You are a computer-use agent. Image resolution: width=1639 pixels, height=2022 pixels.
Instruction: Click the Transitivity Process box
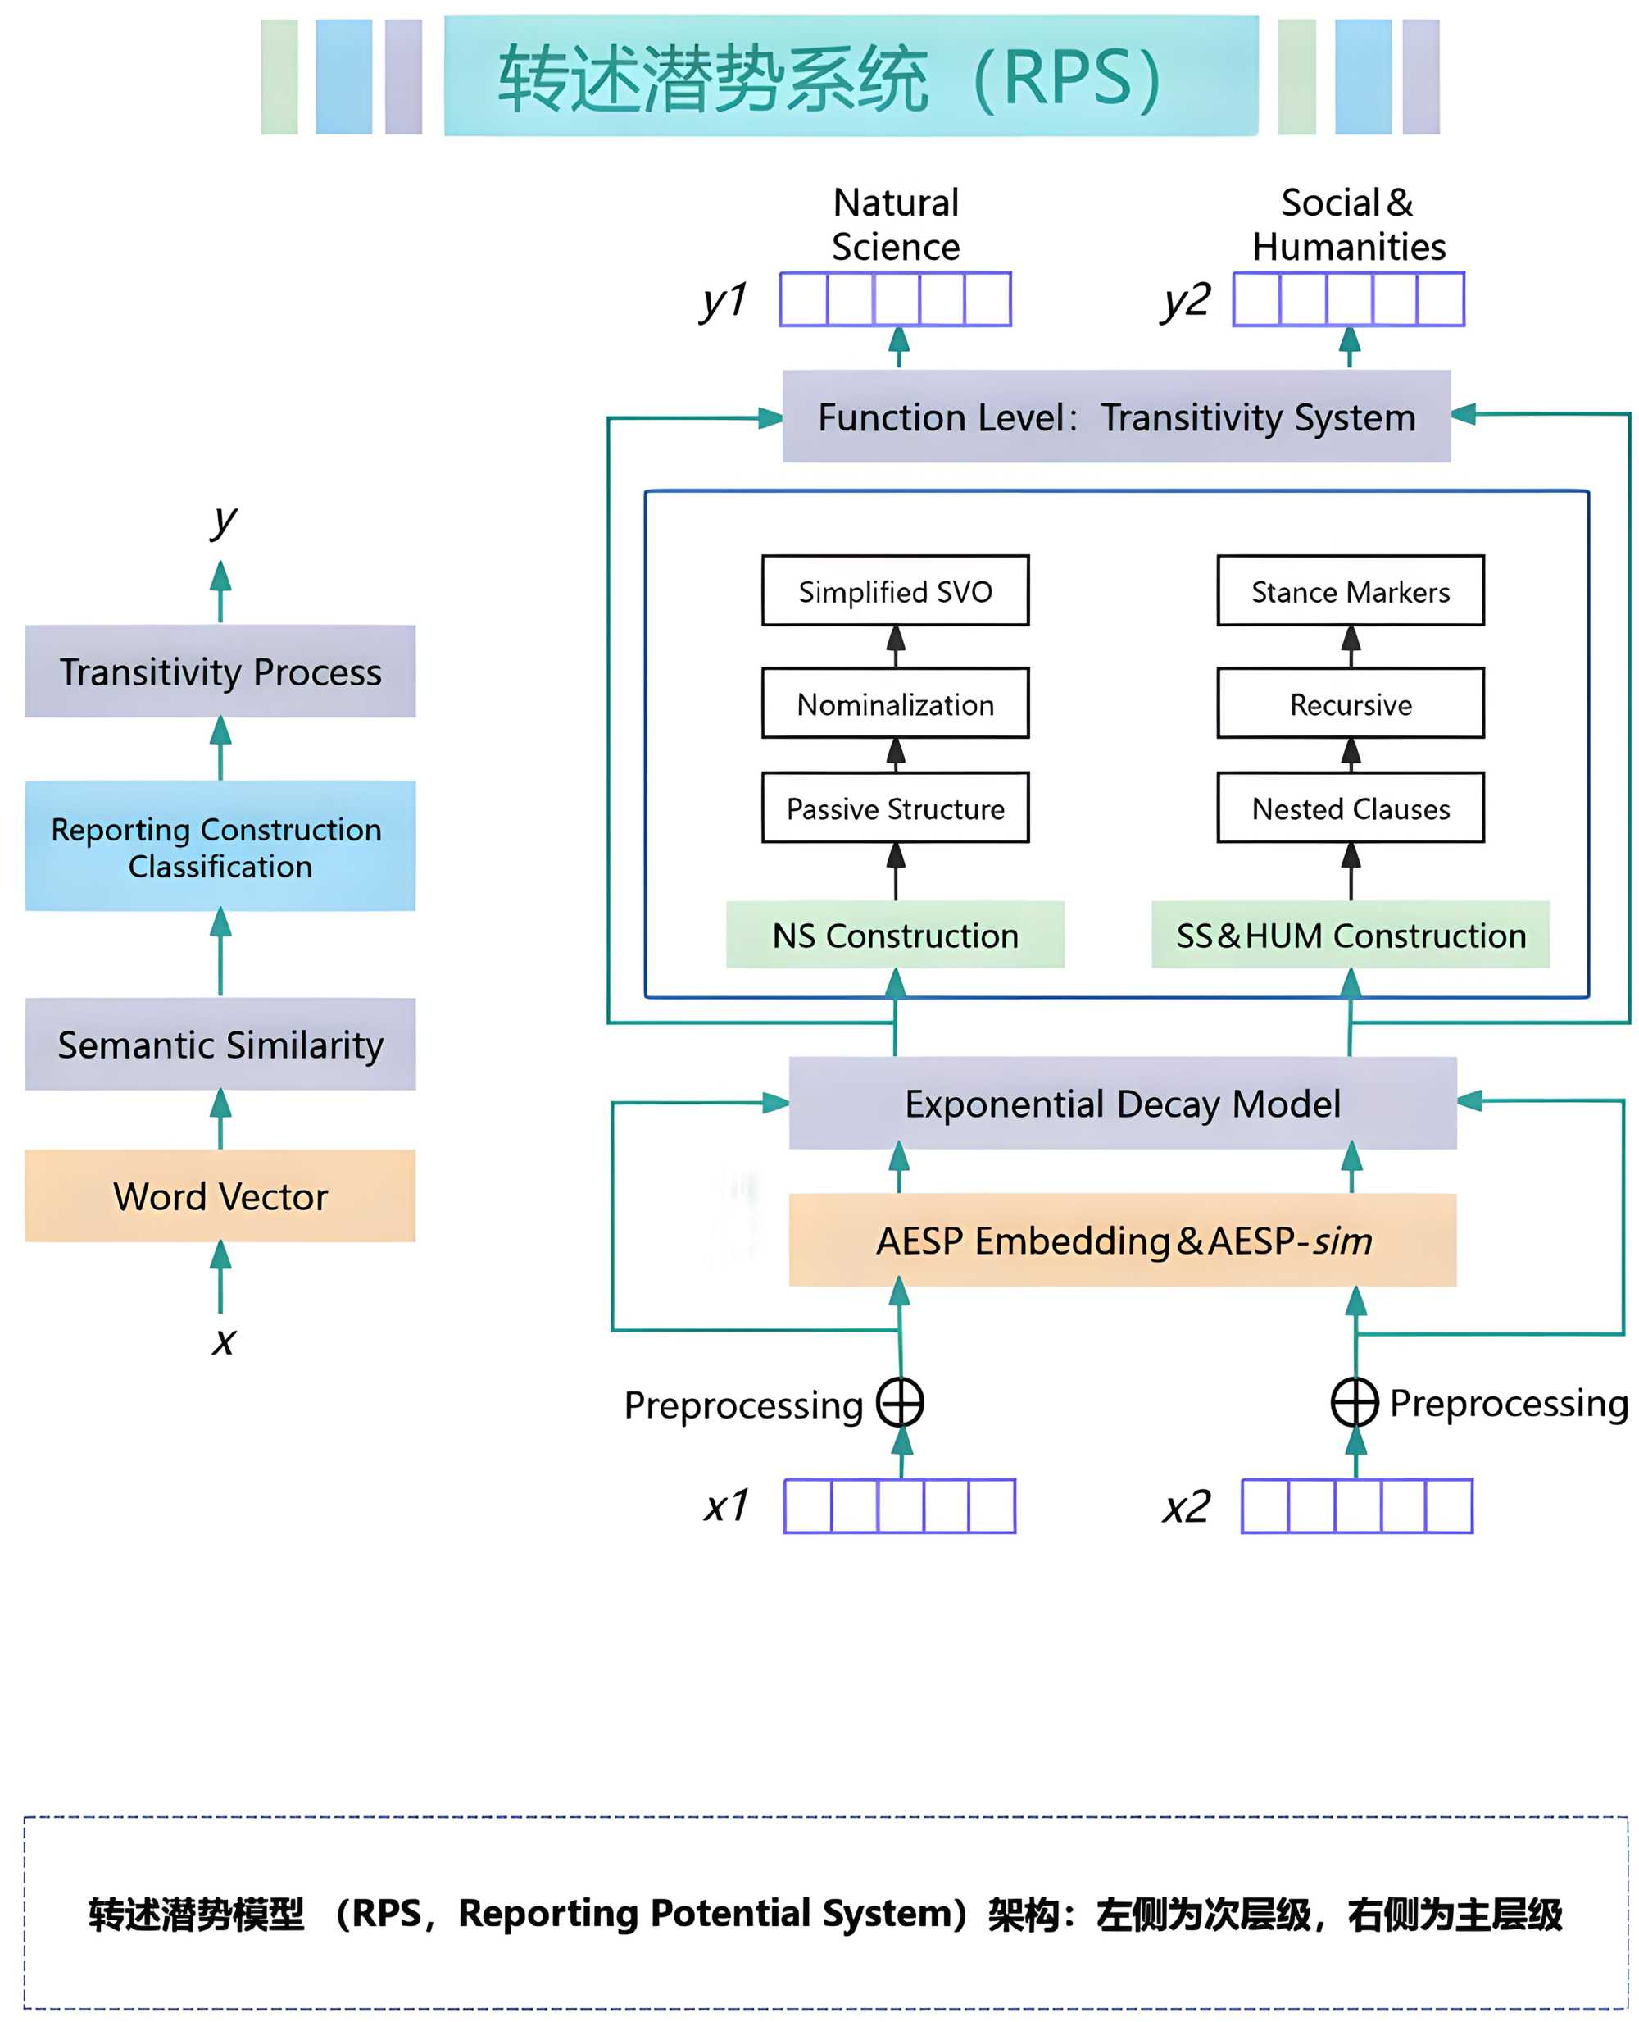coord(220,672)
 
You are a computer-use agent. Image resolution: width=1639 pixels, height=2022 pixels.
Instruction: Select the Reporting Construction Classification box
coord(220,846)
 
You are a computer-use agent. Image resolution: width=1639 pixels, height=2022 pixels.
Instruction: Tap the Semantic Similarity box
coord(220,1045)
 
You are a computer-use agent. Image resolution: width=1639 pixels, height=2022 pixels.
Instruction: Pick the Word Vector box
coord(220,1195)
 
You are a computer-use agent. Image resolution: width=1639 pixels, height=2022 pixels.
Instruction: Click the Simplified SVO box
coord(895,591)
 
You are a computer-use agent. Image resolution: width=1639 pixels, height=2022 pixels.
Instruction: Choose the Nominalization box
coord(895,704)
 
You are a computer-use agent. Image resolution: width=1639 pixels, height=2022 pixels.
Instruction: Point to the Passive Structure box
coord(895,808)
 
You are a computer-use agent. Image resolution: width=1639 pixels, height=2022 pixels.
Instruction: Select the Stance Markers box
coord(1350,591)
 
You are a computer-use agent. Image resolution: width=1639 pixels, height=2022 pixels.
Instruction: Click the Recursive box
coord(1350,704)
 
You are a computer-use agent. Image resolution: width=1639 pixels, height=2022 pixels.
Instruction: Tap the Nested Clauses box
coord(1350,808)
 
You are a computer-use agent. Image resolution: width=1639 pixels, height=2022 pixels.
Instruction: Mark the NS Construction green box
coord(895,935)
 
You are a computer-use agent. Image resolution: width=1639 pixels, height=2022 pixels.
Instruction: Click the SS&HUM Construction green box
coord(1350,935)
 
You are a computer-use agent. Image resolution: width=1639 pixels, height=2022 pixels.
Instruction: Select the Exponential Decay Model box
coord(1123,1103)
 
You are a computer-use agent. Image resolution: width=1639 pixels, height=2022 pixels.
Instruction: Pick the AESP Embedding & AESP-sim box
coord(1123,1240)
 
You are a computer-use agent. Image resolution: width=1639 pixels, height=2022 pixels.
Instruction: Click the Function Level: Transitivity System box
coord(1116,417)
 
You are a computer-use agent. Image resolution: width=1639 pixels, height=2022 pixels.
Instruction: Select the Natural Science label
coord(895,225)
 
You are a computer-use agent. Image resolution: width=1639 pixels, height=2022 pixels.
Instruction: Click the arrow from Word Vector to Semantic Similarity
coord(220,1120)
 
